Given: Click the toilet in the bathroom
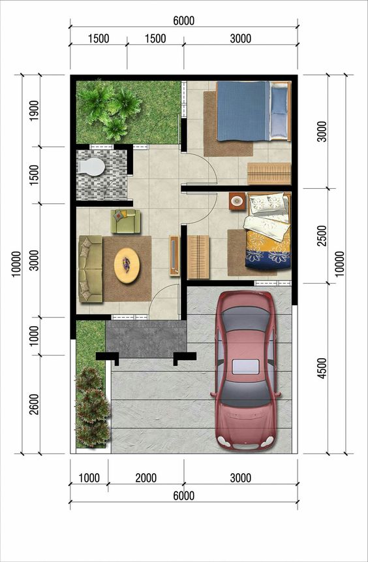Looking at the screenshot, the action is tap(91, 167).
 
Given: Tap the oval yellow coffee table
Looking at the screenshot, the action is tap(127, 265).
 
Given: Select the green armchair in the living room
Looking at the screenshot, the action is tap(125, 221).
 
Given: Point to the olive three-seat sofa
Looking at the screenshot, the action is tap(91, 269).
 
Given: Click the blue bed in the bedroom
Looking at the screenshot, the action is tap(253, 111).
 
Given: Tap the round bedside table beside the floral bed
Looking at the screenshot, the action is tap(237, 201).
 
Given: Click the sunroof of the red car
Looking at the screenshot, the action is tap(245, 367).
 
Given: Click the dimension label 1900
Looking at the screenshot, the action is tap(35, 110).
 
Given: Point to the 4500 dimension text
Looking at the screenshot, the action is tap(322, 368).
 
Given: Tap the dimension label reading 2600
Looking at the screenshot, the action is tap(35, 405).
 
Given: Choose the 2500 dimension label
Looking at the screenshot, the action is tap(322, 235).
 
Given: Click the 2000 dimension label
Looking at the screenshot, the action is tap(146, 478).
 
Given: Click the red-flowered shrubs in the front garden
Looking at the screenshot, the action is tap(93, 408).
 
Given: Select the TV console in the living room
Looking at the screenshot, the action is tap(174, 256).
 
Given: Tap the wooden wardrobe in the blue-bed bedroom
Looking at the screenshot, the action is tap(269, 173).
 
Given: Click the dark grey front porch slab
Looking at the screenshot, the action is tap(146, 339).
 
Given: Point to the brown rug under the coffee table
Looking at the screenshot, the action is tap(127, 269).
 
